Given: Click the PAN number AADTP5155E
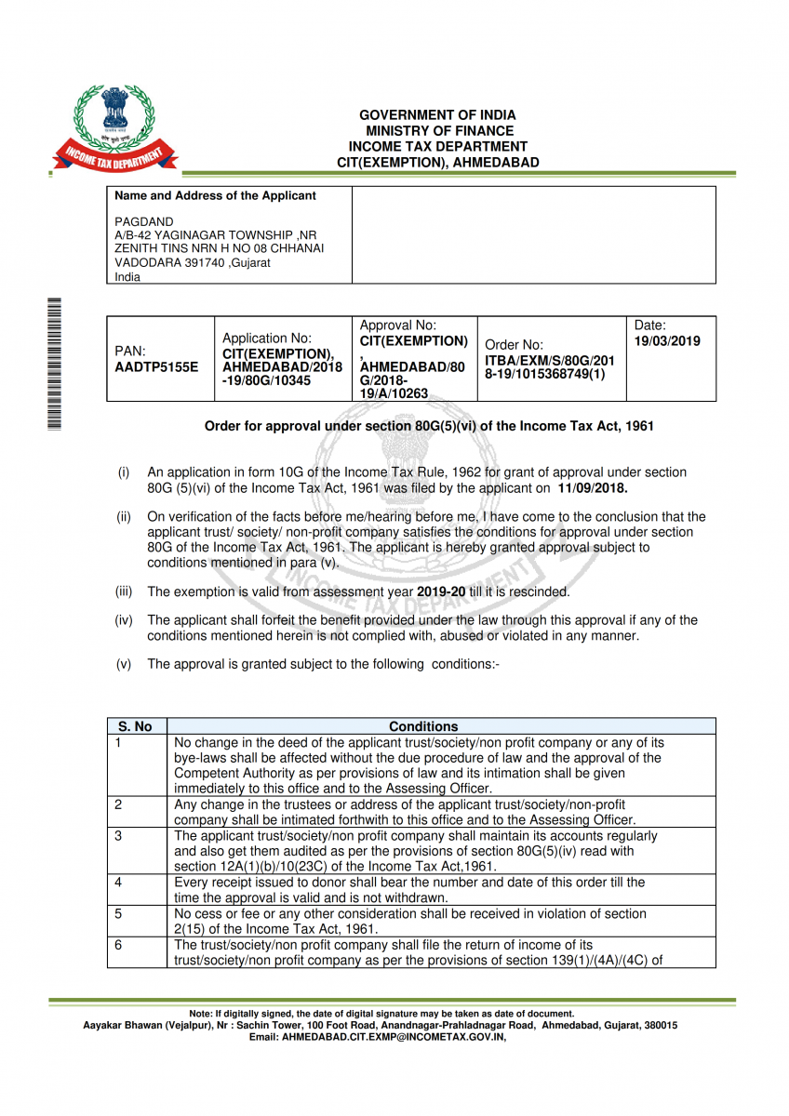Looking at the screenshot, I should click(156, 366).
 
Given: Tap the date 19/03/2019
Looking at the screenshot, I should click(667, 341).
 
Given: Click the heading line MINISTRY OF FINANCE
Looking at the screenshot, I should click(438, 131).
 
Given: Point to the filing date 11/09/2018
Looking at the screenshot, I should click(593, 487).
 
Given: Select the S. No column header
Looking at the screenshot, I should click(136, 726).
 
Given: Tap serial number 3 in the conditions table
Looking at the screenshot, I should click(118, 835).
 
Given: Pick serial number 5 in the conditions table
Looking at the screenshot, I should click(118, 913).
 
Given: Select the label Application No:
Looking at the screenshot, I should click(267, 339).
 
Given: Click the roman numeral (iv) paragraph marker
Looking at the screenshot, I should click(124, 620).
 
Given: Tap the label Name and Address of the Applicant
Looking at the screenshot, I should click(215, 196).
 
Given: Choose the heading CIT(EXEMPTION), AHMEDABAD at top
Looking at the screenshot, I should click(438, 163).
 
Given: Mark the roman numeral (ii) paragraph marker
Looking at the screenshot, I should click(124, 517).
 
